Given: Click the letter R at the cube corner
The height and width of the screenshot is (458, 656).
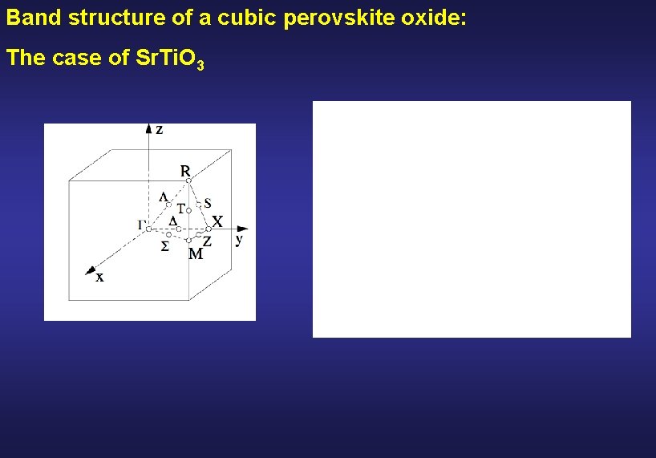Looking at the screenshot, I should click(x=185, y=171).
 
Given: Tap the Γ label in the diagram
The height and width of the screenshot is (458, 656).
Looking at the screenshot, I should click(x=142, y=224).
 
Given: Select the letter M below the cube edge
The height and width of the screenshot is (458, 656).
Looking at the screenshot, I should click(x=195, y=254).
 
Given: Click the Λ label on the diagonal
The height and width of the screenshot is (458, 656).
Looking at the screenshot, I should click(x=164, y=197).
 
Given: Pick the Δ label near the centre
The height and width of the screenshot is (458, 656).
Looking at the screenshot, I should click(x=172, y=220).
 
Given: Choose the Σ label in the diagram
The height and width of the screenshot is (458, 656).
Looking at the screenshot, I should click(x=164, y=246).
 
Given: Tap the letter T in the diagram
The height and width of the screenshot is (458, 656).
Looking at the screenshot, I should click(x=181, y=207).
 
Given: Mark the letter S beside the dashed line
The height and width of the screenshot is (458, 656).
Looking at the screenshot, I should click(x=208, y=202).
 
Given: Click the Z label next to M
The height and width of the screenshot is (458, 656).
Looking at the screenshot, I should click(x=207, y=241).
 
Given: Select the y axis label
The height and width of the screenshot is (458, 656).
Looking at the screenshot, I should click(x=239, y=239).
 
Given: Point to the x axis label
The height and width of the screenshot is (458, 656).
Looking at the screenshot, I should click(x=99, y=278).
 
